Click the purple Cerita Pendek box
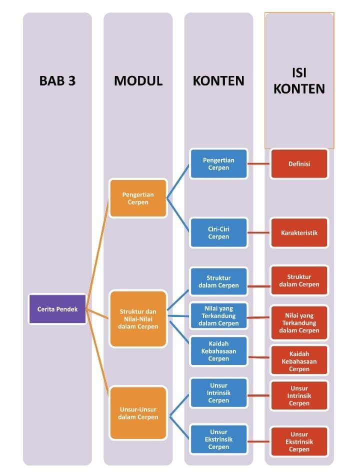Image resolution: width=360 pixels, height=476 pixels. (57, 309)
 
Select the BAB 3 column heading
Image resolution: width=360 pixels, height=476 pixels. (57, 81)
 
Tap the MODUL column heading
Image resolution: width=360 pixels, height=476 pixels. (138, 81)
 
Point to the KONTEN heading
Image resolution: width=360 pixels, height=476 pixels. (218, 81)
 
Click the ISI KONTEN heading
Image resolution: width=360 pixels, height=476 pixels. (299, 81)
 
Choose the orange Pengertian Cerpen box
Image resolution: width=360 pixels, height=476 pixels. (138, 198)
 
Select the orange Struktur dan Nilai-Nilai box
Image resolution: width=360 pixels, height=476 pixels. (138, 319)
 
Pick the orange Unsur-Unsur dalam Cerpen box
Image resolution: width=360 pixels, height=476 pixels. (138, 413)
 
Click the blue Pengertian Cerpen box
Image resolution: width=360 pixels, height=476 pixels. (218, 164)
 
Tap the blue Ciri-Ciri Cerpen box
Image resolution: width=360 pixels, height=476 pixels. (218, 232)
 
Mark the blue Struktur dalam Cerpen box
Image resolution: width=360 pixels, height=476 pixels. (218, 281)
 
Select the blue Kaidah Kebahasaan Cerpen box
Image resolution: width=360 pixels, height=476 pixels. (218, 351)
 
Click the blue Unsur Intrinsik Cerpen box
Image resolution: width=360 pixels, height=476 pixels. (218, 393)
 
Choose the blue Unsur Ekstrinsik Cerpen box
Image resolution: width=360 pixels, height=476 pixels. (218, 439)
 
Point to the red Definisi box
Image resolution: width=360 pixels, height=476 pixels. (299, 163)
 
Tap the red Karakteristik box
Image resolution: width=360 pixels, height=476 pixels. (299, 232)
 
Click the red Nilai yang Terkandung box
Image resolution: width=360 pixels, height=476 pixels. (299, 323)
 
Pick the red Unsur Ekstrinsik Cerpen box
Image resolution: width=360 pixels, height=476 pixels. (299, 441)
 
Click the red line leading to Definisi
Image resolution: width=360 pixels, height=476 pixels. (259, 163)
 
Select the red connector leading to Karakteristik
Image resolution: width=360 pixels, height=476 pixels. (259, 232)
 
